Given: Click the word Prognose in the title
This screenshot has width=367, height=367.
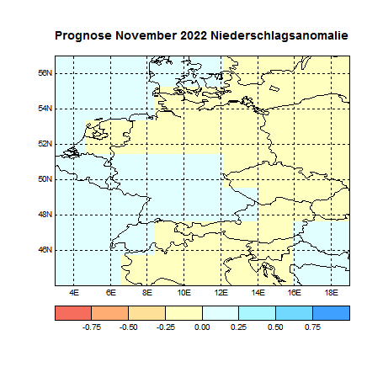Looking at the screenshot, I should tap(83, 37).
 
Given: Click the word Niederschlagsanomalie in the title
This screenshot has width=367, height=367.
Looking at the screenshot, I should tap(280, 37).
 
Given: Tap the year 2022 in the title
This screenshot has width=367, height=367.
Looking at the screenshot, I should tap(194, 37).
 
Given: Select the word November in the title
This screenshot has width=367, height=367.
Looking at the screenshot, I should tap(146, 37).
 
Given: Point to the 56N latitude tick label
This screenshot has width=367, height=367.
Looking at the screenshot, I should tap(46, 73).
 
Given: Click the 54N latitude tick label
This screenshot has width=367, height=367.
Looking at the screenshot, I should tap(46, 109).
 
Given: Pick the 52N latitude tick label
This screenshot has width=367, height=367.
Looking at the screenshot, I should tap(46, 144).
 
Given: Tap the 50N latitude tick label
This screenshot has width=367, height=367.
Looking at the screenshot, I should tap(46, 179).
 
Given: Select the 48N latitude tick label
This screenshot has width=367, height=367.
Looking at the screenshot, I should tap(46, 215).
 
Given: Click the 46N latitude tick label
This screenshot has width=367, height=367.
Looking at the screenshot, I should tap(46, 250).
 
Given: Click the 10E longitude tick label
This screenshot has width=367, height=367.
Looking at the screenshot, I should tap(183, 292).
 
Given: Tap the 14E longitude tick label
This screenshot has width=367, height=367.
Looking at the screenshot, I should tap(258, 292).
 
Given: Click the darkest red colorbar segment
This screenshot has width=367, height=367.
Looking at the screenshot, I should tap(73, 312).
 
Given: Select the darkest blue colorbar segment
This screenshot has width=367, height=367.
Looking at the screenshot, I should tap(331, 312).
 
